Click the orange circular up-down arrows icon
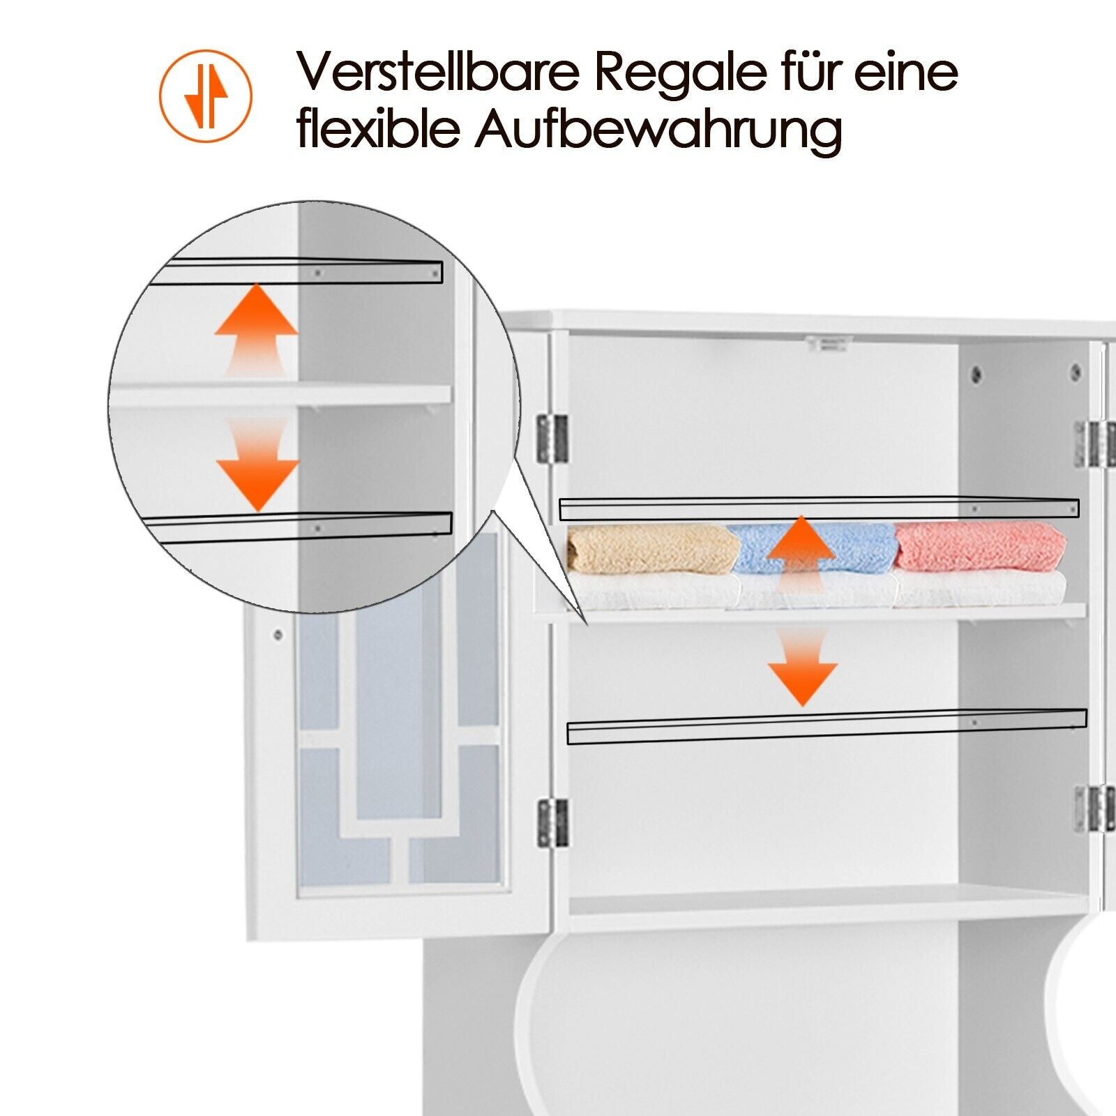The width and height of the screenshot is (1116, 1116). click(x=206, y=96)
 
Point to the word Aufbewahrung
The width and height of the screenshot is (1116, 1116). click(x=658, y=131)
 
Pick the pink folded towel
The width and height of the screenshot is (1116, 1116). click(x=979, y=547)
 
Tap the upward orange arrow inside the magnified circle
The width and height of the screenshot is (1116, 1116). click(x=256, y=331)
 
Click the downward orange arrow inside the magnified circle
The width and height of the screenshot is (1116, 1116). click(x=257, y=465)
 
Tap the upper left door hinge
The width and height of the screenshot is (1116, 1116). click(x=552, y=438)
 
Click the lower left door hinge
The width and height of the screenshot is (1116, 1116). click(x=553, y=823)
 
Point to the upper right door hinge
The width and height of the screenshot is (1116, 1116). click(x=1096, y=444)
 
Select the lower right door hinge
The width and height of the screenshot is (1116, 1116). click(x=1094, y=808)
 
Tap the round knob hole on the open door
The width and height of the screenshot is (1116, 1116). click(x=278, y=635)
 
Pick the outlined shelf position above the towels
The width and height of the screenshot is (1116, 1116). click(x=819, y=509)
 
